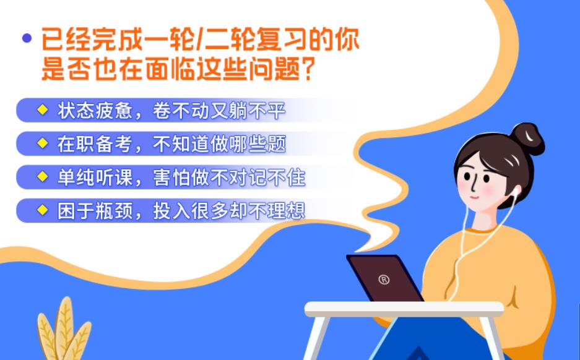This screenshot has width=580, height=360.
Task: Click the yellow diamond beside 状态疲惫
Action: (x=42, y=110)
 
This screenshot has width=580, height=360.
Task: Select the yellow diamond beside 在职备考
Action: (x=42, y=144)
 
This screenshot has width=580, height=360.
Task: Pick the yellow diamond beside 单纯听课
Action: (x=42, y=177)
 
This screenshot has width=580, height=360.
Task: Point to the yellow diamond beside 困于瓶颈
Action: (x=42, y=210)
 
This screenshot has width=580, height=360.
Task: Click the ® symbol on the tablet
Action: (x=384, y=280)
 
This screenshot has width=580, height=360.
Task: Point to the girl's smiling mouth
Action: (x=477, y=197)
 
